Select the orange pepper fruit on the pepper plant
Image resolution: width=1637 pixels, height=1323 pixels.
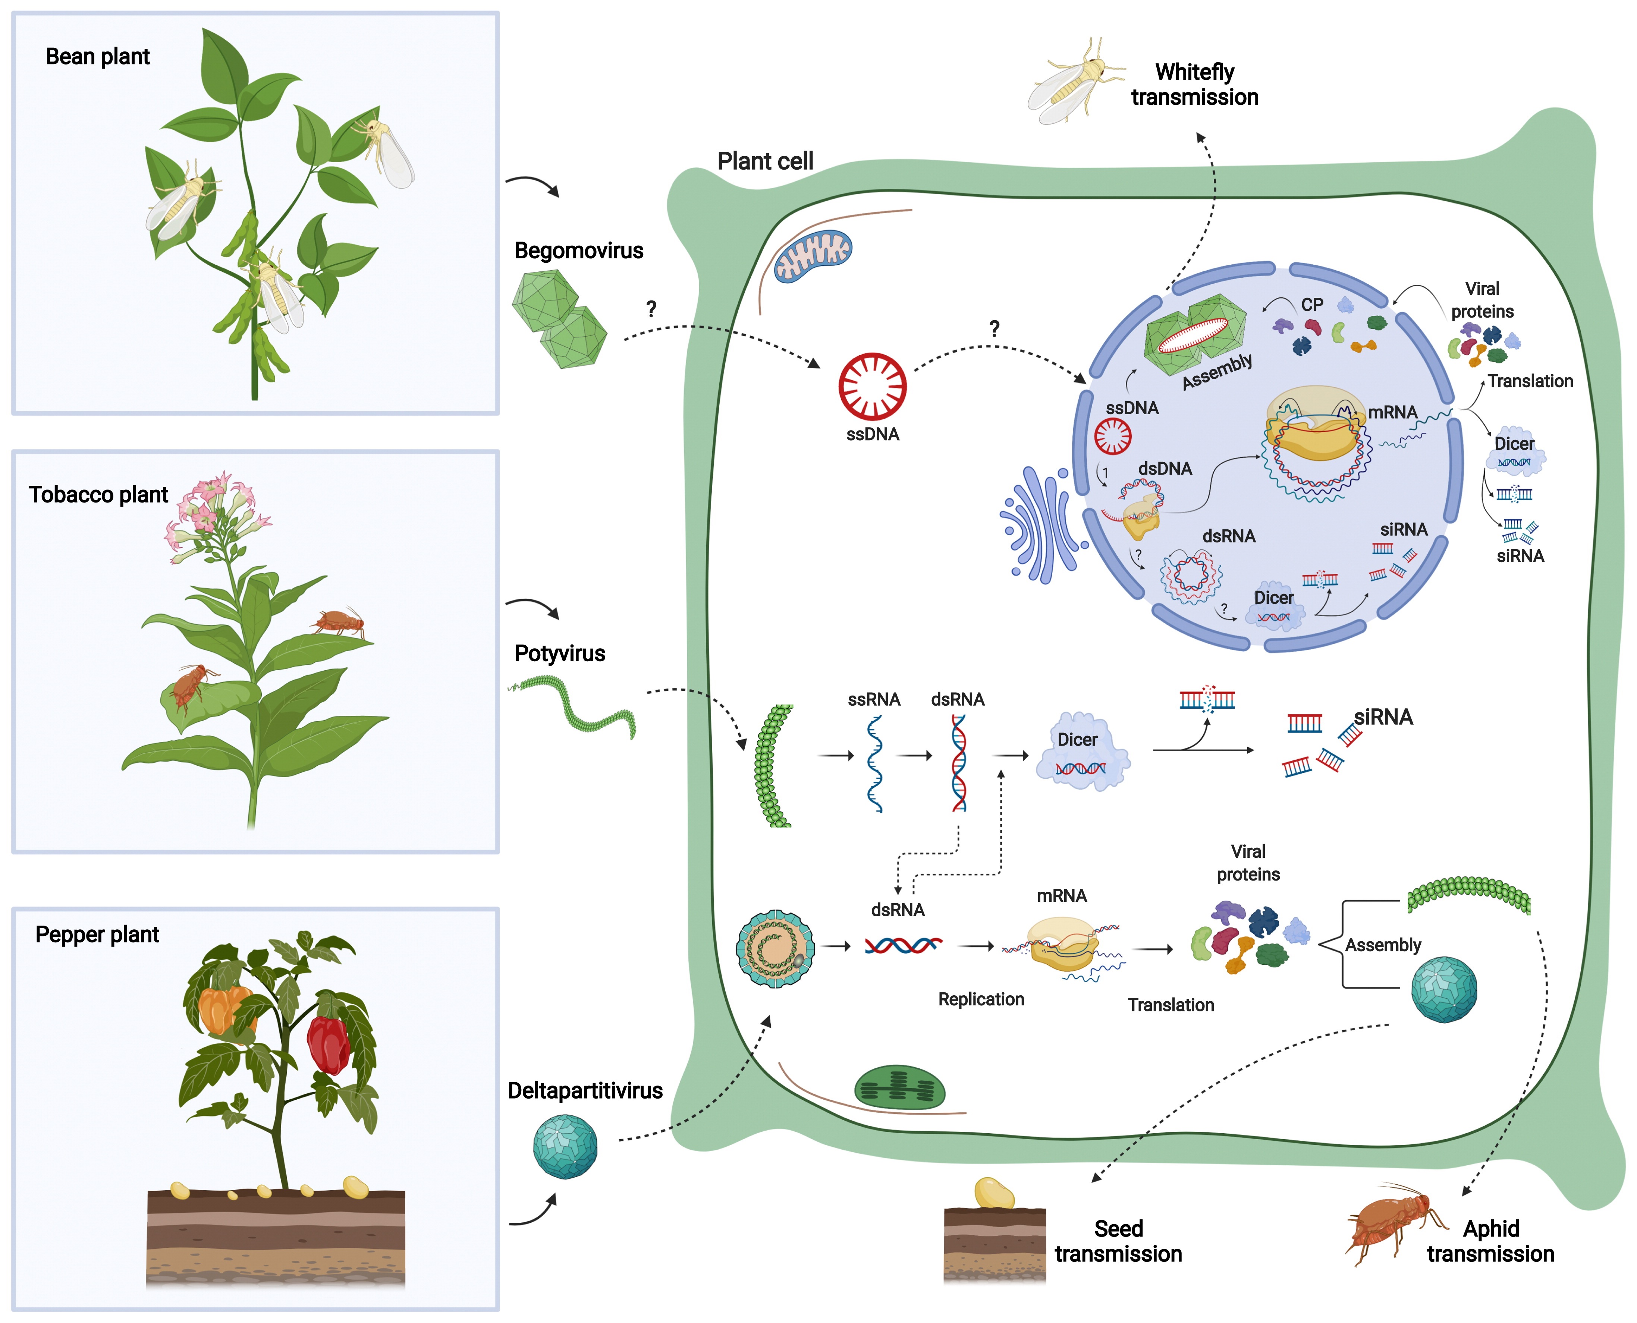(x=221, y=1010)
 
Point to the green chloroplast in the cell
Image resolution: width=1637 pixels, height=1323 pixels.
(x=900, y=1087)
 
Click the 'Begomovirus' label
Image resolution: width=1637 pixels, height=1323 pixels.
(x=579, y=251)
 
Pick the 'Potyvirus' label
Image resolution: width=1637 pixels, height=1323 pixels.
(x=560, y=654)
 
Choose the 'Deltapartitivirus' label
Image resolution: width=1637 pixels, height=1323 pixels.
(x=585, y=1092)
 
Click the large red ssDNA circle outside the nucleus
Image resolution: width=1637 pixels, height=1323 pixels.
(x=872, y=385)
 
